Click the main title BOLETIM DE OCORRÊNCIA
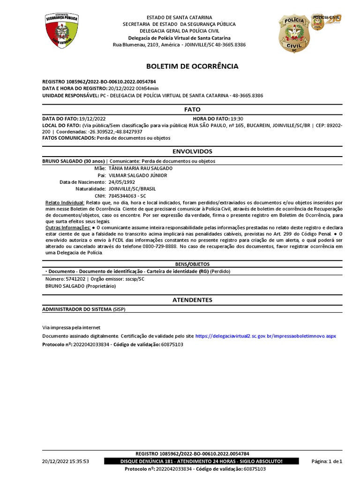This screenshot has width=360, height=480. click(192, 66)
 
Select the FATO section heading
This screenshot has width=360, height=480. click(192, 109)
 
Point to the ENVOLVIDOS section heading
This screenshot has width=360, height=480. click(192, 151)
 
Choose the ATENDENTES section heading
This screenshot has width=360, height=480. click(192, 300)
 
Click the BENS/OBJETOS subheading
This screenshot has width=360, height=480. click(192, 264)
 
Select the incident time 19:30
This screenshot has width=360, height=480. click(237, 119)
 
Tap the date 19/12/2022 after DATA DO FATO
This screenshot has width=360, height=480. click(92, 119)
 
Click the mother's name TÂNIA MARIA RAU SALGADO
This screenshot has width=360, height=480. click(141, 168)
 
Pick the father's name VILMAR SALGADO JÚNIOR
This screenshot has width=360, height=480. click(138, 175)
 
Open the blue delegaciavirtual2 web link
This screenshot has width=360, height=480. click(265, 336)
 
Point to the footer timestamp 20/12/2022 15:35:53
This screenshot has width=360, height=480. click(66, 461)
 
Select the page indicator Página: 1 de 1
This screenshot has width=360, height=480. click(327, 461)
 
